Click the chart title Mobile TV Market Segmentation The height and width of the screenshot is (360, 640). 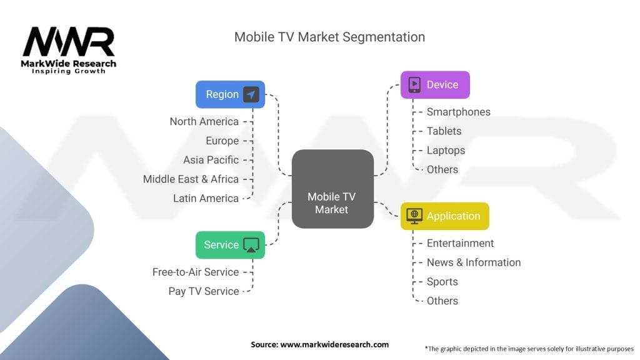[329, 37]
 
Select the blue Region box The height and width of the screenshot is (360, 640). [230, 94]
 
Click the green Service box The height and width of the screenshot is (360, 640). [230, 245]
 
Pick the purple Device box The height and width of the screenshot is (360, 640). [435, 85]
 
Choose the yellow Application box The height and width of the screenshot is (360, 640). [444, 216]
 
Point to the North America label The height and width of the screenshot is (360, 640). [204, 121]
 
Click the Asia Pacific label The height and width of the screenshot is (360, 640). [211, 160]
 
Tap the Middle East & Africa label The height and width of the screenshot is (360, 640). [191, 179]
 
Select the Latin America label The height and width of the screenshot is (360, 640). [206, 199]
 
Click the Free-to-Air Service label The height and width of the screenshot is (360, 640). [195, 272]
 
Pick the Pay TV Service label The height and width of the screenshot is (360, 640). [203, 291]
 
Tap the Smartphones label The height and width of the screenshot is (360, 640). [458, 112]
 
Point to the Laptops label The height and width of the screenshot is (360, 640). [446, 151]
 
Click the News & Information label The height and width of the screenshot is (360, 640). [473, 262]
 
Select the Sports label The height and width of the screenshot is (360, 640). [442, 282]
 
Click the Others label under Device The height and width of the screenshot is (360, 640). [442, 169]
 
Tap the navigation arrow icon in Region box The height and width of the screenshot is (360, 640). [251, 94]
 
